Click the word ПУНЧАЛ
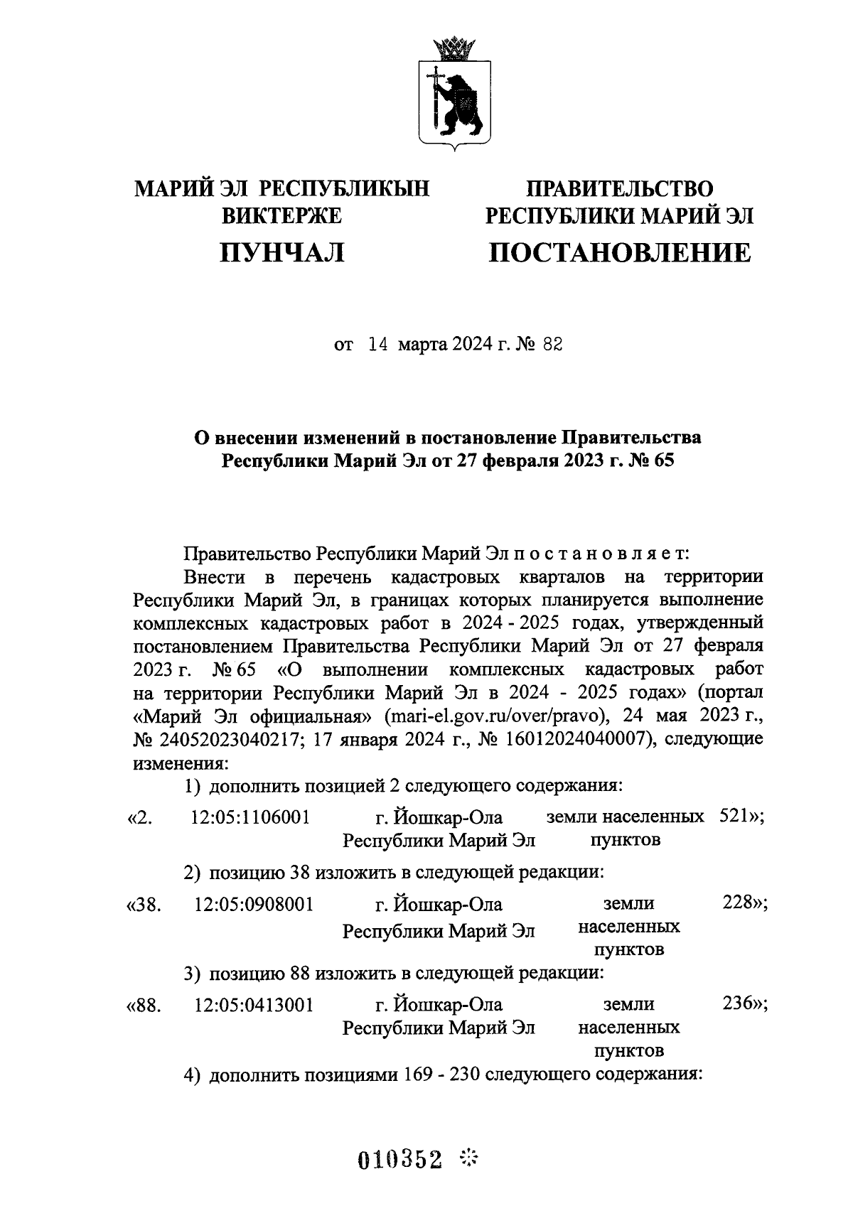click(x=282, y=252)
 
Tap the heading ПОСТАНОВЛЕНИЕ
click(x=619, y=252)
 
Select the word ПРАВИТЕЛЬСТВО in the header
click(x=619, y=189)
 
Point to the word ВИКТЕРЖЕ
click(x=282, y=215)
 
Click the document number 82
click(x=552, y=345)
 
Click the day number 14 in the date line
click(x=377, y=345)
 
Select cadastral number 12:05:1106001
click(x=250, y=817)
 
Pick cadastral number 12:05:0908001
click(x=253, y=905)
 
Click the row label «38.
click(x=144, y=905)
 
